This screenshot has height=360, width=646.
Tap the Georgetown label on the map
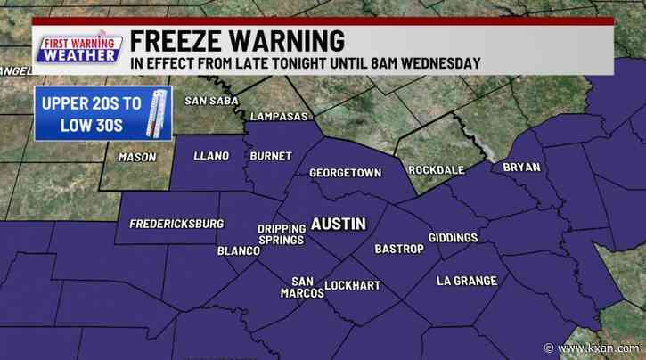click(x=346, y=173)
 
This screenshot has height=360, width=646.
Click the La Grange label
click(x=466, y=281)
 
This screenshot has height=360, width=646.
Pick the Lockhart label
click(x=352, y=286)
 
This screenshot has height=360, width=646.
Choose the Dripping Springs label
click(x=281, y=233)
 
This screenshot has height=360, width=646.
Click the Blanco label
click(x=239, y=251)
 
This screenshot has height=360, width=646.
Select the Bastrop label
click(x=398, y=249)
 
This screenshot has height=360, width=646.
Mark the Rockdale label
click(x=437, y=169)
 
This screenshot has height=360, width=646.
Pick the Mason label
click(x=136, y=158)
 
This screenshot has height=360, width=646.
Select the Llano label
click(x=210, y=156)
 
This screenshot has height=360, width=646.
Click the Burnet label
click(x=271, y=156)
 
